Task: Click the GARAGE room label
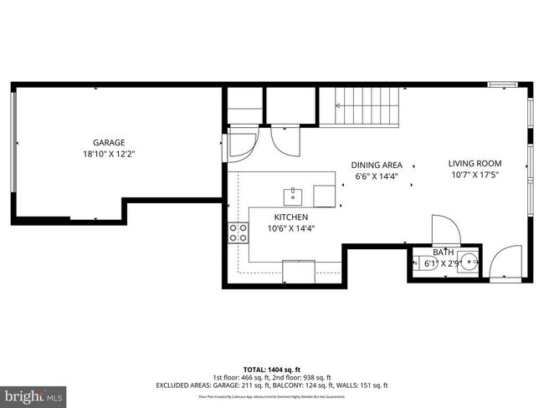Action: (x=108, y=142)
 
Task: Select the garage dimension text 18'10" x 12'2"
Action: (x=108, y=155)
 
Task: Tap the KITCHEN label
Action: (x=285, y=217)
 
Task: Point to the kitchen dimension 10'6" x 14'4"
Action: (x=285, y=228)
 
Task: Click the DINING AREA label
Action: (x=377, y=165)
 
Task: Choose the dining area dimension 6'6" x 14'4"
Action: (x=377, y=176)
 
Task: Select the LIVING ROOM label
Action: (x=474, y=164)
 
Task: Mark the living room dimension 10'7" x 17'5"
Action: (x=474, y=176)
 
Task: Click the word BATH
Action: (x=443, y=252)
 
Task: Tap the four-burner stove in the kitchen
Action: (x=238, y=233)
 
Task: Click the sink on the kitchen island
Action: (x=293, y=196)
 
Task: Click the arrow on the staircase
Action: (x=339, y=106)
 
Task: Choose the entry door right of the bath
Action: (x=504, y=263)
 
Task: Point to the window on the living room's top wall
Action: (x=502, y=84)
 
